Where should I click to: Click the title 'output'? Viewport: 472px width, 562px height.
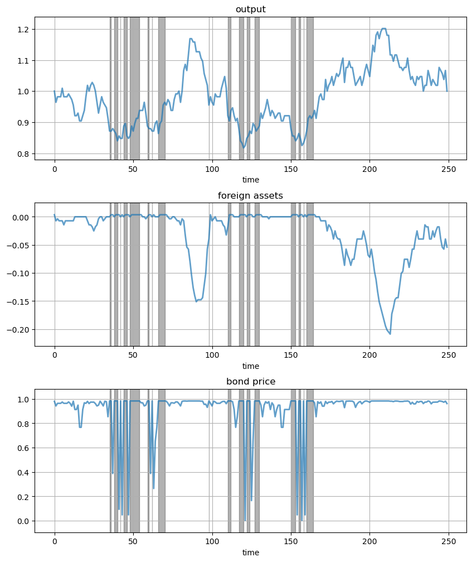pos(250,9)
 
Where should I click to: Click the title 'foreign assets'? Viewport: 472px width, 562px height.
pos(250,195)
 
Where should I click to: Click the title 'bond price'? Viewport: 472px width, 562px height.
pos(250,381)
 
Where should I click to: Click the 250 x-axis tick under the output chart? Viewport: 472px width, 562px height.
pos(449,169)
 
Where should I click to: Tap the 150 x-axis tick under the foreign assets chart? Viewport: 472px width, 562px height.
pos(291,355)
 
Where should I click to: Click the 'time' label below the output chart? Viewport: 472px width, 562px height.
pos(250,180)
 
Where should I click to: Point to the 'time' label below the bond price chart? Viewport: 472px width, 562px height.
pos(250,552)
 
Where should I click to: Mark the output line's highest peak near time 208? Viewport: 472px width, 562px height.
pos(383,28)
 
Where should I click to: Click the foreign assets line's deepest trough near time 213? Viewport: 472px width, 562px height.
pos(390,334)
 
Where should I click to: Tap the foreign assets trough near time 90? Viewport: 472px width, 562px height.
pos(197,301)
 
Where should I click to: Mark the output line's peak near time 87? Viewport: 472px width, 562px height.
pos(191,39)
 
